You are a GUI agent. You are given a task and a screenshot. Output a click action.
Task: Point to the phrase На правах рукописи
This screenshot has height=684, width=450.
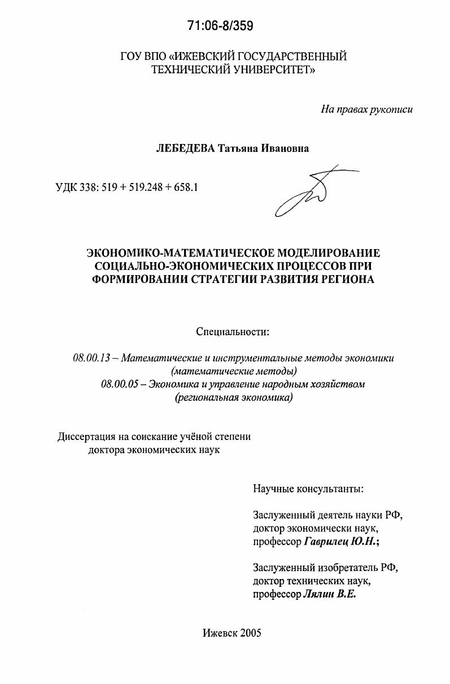[x=366, y=109]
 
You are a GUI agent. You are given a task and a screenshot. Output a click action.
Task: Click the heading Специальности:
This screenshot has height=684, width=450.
[x=233, y=332]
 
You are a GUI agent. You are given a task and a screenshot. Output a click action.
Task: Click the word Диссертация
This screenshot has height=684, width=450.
[x=85, y=437]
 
